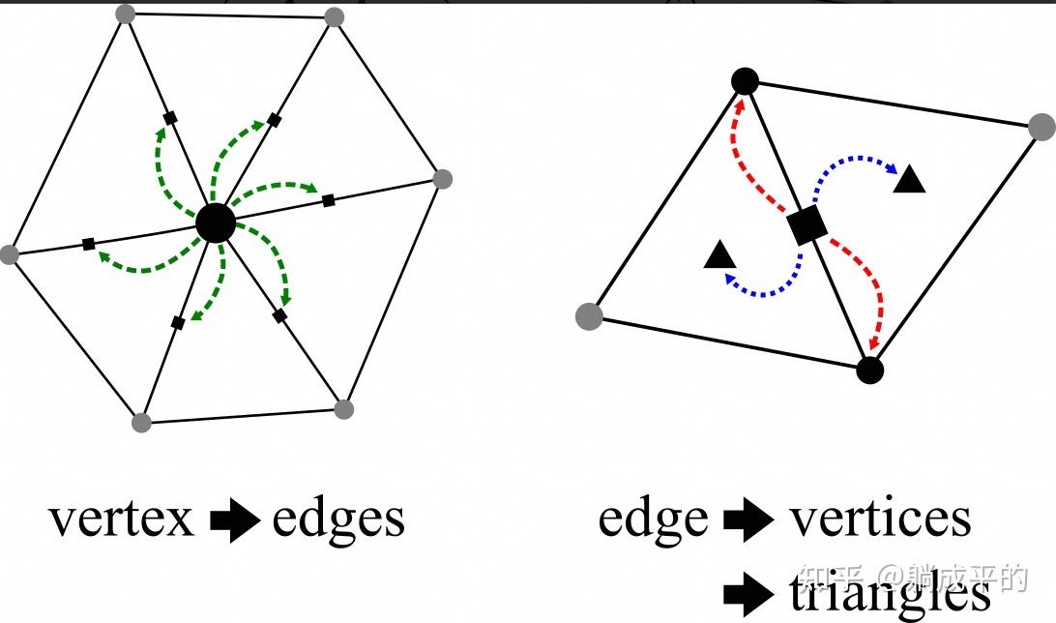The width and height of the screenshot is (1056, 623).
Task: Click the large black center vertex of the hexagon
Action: pos(215,223)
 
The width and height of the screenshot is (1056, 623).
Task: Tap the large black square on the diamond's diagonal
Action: pos(807,225)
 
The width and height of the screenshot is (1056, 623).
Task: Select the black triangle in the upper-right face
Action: pos(909,180)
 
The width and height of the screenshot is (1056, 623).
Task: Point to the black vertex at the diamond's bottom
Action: pos(869,370)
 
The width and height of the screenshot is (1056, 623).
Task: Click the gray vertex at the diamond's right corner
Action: pos(1041,127)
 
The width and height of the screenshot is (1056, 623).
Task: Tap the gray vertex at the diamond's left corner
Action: pos(588,315)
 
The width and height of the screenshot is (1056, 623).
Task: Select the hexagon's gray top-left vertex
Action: pos(124,14)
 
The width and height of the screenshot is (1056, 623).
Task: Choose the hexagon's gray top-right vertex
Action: pos(334,16)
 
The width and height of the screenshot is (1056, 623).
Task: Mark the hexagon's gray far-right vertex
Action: pos(442,179)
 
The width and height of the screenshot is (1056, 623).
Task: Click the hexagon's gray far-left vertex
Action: pos(10,254)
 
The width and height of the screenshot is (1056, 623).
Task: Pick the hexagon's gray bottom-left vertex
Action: pos(141,422)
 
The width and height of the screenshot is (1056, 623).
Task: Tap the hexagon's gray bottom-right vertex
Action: pos(343,408)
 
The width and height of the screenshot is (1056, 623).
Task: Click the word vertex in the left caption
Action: pos(122,519)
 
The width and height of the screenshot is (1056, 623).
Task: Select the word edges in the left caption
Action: pos(337,519)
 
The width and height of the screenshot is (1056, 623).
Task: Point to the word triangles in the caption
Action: pos(889,592)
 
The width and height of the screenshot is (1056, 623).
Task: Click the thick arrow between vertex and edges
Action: pos(234,521)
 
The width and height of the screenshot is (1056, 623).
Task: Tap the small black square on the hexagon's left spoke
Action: pos(89,244)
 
